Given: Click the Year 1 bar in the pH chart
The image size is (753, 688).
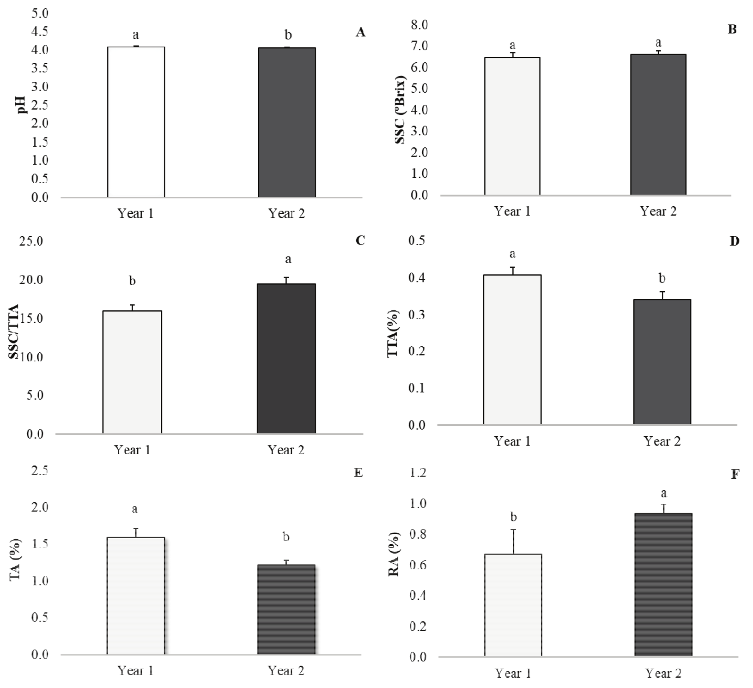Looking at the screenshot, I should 136,122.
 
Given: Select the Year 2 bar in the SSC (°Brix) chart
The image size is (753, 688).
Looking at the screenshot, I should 658,125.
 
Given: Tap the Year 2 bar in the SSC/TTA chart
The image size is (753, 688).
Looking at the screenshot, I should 286,358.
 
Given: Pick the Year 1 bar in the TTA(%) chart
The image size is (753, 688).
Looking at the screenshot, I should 512,350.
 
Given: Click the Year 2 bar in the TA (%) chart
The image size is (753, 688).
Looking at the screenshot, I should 286,609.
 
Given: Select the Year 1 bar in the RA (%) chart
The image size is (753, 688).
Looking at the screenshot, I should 513,605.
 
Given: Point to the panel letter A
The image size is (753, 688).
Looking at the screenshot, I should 360,32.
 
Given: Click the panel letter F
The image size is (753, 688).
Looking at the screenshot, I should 735,474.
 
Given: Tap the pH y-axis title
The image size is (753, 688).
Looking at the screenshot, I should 22,105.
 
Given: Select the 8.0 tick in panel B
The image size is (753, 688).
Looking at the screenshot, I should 419,25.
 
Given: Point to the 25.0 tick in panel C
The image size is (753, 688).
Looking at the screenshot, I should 31,241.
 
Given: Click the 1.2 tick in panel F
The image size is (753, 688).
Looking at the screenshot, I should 418,473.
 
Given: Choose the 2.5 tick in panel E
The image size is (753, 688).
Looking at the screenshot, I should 39,471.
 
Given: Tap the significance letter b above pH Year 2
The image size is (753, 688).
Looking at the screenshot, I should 288,35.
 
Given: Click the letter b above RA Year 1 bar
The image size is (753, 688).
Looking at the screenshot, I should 514,517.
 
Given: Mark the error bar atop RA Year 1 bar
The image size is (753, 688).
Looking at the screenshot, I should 514,541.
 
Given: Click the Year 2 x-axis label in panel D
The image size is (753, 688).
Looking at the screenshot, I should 662,441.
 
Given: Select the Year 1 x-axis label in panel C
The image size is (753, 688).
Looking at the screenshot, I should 132,450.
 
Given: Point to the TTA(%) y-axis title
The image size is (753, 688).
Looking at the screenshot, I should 393,333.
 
